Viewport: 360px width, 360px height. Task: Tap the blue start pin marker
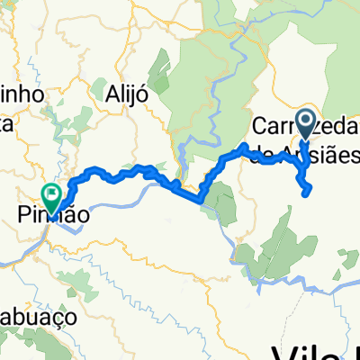click(305, 125)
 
